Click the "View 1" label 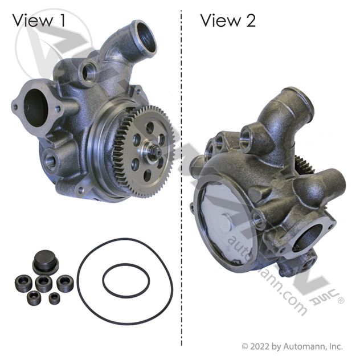tap(39, 20)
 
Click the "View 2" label tap(228, 20)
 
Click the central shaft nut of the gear tap(153, 152)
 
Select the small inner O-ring tap(126, 280)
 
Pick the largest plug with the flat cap tap(45, 261)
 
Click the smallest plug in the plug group tap(55, 298)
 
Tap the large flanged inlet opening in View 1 tap(36, 108)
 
